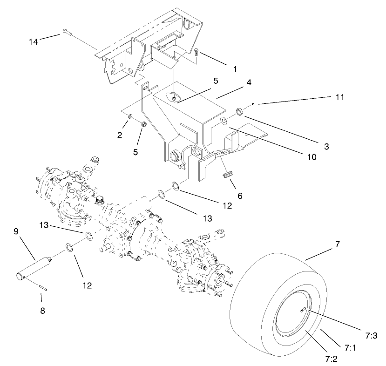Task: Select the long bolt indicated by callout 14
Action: click(x=66, y=32)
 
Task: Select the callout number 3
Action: click(x=327, y=146)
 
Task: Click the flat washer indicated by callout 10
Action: click(x=224, y=121)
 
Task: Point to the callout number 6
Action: click(x=240, y=196)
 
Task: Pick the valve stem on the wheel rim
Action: click(x=303, y=310)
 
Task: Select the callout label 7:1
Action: click(x=350, y=347)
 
